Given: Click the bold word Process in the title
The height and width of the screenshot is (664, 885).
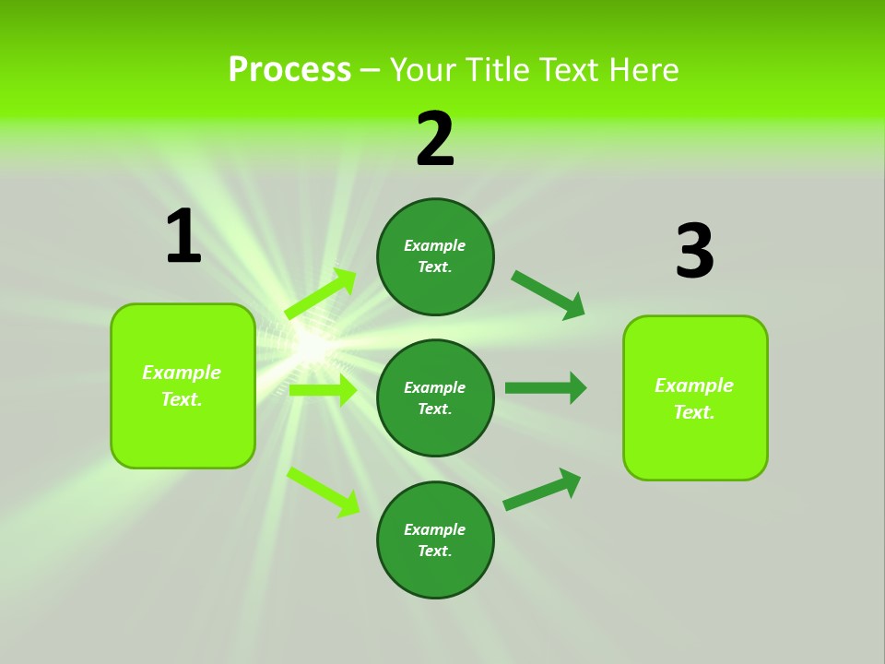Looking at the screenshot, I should (x=289, y=70).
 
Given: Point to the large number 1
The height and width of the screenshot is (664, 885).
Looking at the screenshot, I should (x=183, y=236).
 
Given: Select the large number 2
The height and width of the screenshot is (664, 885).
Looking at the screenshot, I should (x=435, y=139).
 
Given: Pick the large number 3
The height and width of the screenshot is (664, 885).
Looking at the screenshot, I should (x=694, y=251).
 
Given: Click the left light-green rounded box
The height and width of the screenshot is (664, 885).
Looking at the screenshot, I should (x=183, y=385).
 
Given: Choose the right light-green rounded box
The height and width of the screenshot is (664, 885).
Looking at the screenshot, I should (x=695, y=397).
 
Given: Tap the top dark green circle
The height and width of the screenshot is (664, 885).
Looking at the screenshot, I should (x=435, y=256).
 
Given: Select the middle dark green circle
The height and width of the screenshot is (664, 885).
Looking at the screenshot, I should (x=435, y=397).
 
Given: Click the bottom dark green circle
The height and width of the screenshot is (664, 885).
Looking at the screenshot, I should (x=435, y=539).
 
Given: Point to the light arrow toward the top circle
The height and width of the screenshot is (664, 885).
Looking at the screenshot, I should (x=321, y=294).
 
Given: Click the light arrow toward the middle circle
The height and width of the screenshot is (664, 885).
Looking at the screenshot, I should (x=323, y=390).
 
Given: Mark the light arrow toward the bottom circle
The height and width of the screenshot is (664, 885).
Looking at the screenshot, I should (x=324, y=492).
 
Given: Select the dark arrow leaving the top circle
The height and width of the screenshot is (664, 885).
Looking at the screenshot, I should (x=549, y=295).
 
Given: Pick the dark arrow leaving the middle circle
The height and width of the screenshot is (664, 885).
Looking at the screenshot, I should (x=546, y=387).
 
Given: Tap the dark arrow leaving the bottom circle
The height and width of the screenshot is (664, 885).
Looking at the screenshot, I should (x=542, y=489).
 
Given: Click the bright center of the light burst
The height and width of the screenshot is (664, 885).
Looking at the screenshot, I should (x=313, y=346).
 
